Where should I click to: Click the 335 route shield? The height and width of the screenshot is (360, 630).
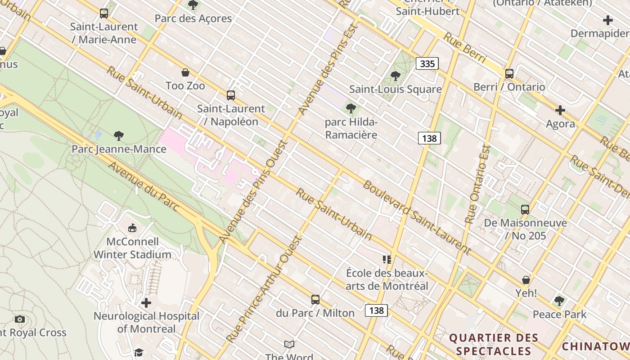[427, 63]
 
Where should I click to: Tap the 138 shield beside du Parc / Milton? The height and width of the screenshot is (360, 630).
[376, 310]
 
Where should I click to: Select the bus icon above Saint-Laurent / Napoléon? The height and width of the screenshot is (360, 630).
[231, 95]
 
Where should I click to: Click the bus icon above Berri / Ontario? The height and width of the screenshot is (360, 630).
[509, 74]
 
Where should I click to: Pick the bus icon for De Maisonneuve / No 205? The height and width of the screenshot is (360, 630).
[525, 210]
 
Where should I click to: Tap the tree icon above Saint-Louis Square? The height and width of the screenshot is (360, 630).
[396, 76]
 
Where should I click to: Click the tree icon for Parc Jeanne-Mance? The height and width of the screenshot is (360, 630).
[119, 135]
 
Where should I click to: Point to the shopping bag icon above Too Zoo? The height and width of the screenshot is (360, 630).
[185, 72]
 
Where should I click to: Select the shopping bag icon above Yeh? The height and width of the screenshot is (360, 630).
[526, 280]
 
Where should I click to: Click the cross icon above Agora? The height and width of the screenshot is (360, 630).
[560, 110]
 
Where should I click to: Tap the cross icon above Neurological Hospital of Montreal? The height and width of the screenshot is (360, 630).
[146, 303]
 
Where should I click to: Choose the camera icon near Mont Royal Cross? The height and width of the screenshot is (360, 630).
[19, 319]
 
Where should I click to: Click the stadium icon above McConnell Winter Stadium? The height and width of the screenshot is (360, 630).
[132, 228]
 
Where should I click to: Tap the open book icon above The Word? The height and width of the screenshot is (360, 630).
[289, 344]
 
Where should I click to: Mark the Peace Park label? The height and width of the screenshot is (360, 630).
[560, 314]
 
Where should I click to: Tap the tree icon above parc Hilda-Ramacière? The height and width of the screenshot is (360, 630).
[351, 108]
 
